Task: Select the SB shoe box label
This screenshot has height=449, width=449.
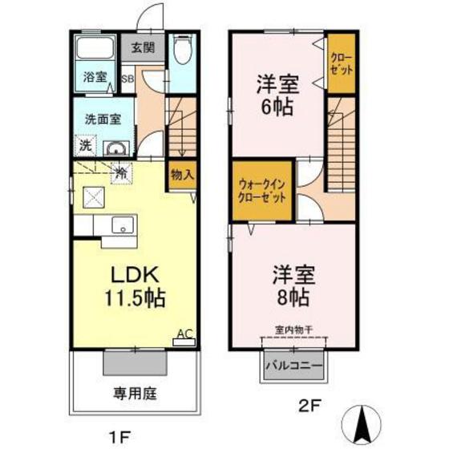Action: point(127,79)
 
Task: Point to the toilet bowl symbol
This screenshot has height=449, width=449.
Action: point(181,54)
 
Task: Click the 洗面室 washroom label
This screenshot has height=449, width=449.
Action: point(103,119)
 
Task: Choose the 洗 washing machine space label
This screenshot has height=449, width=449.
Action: point(84,146)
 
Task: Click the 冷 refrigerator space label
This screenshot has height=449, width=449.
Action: point(121,171)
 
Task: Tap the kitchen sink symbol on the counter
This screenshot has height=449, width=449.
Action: point(123,224)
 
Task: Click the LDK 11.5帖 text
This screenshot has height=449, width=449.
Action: point(133,285)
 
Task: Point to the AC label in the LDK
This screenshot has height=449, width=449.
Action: point(184,334)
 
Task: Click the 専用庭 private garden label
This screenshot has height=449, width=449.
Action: point(133,394)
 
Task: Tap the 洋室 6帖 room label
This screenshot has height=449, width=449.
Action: point(275,93)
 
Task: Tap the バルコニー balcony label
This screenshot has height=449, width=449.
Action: point(293,366)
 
